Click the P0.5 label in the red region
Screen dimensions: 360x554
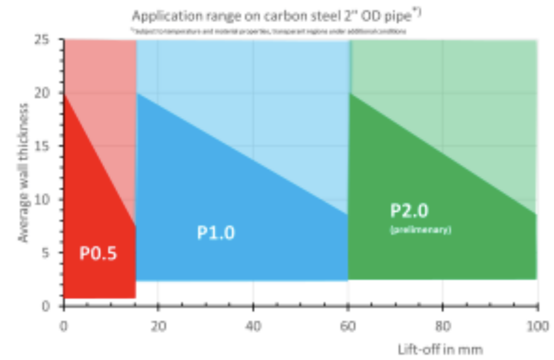tap(98, 253)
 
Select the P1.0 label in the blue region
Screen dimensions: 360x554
tap(215, 232)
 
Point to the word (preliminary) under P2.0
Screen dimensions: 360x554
tap(420, 230)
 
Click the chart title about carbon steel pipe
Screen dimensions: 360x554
tap(276, 16)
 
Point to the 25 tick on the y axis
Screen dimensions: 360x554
tap(48, 40)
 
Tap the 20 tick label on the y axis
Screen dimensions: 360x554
tap(48, 93)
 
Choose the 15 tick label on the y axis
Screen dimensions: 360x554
tap(48, 146)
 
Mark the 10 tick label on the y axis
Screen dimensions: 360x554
tap(48, 200)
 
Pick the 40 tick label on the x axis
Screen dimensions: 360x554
tap(253, 326)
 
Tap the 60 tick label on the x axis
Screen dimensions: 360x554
tap(348, 326)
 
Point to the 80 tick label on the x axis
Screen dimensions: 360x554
tap(443, 326)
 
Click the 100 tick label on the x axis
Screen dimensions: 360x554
tap(537, 326)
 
